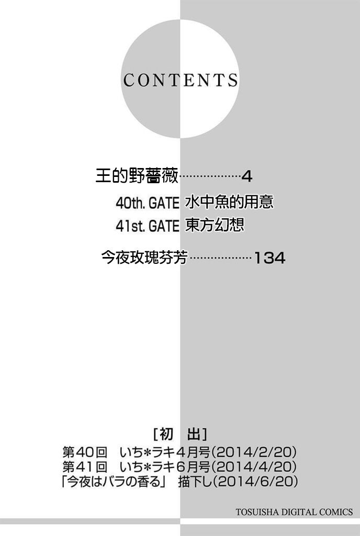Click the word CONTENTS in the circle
tap(181, 80)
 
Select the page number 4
tap(247, 176)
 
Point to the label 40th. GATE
tap(147, 203)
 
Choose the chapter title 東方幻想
tap(215, 226)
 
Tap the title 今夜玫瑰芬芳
tap(144, 258)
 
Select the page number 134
tap(269, 258)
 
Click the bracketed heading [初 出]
tap(179, 434)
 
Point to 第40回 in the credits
tap(84, 452)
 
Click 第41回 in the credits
tap(84, 466)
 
